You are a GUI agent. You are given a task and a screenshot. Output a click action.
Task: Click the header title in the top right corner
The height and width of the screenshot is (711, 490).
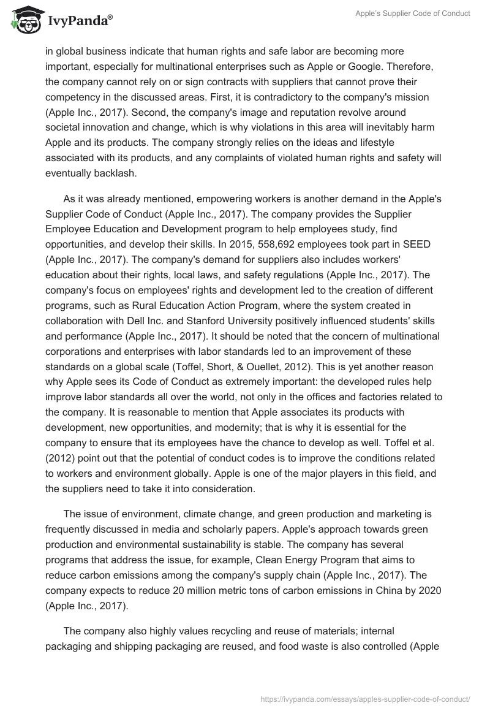pos(413,13)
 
